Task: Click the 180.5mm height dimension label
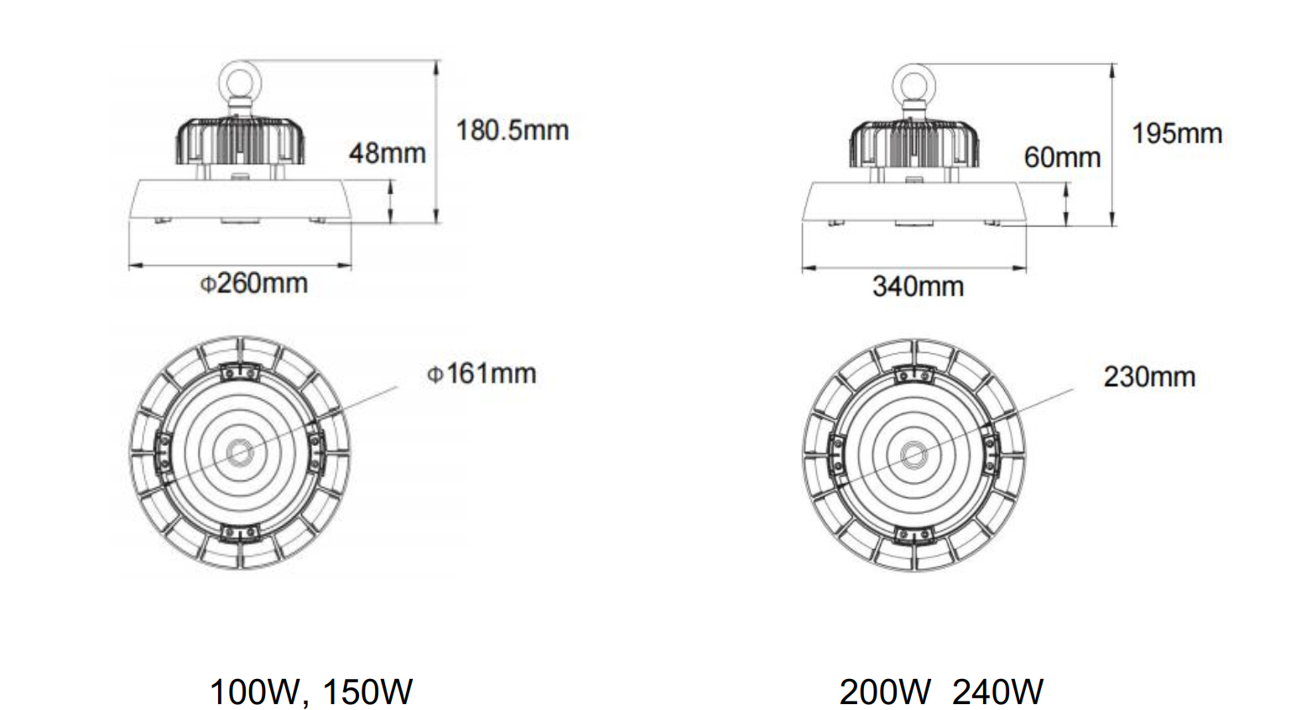click(512, 131)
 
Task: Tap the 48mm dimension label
click(387, 153)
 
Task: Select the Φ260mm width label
click(253, 283)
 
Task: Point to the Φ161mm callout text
click(481, 373)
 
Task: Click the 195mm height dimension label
click(1176, 133)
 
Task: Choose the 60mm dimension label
click(1061, 157)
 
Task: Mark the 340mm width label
click(918, 287)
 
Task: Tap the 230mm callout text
click(1148, 377)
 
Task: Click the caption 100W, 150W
click(310, 692)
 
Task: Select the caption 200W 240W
click(940, 692)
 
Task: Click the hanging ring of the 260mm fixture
click(241, 81)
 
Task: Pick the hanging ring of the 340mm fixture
click(915, 85)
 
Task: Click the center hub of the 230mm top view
click(913, 456)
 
